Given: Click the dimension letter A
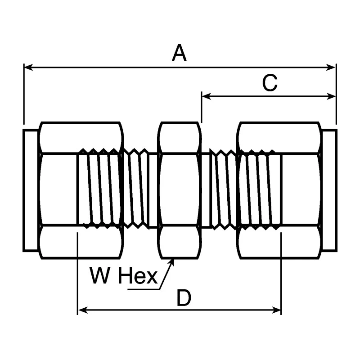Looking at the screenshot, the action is click(179, 53).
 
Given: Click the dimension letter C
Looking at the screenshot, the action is click(270, 83).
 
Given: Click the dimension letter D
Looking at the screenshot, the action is click(184, 298).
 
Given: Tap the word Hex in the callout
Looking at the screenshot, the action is click(138, 275).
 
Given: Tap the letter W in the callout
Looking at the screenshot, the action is click(99, 275).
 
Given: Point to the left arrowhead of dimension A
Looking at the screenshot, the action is click(28, 67).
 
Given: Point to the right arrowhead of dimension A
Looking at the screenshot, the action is click(331, 67).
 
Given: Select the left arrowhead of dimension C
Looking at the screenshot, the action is click(207, 96).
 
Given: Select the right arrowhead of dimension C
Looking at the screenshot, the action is click(331, 96).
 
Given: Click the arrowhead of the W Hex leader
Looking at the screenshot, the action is click(172, 263).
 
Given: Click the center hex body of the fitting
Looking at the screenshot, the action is click(179, 190).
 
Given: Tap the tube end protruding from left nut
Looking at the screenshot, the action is click(31, 190).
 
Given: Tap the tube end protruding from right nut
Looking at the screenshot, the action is click(329, 190).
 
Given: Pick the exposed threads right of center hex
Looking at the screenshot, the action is click(219, 189).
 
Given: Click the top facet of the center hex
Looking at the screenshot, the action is click(179, 137).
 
